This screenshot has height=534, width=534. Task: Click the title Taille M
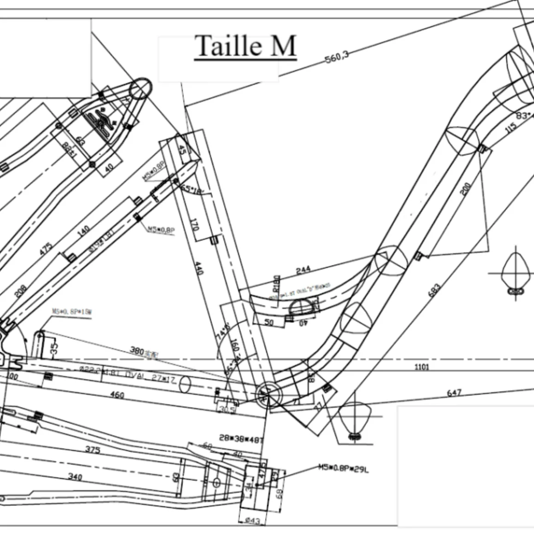[x=245, y=46]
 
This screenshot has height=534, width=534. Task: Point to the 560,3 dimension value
[x=337, y=57]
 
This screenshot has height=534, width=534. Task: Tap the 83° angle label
[x=523, y=116]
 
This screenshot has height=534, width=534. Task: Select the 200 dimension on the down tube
[x=465, y=188]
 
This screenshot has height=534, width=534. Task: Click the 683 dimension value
[x=434, y=291]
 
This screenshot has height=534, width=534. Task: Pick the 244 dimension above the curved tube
[x=303, y=270]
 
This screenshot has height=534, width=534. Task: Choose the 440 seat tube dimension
[x=199, y=268]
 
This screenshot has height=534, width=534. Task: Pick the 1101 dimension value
[x=422, y=367]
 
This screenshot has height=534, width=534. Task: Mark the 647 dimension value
[x=454, y=393]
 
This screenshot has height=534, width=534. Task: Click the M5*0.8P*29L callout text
[x=343, y=468]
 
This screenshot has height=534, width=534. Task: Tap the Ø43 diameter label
[x=252, y=521]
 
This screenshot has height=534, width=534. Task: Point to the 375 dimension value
[x=93, y=449]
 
